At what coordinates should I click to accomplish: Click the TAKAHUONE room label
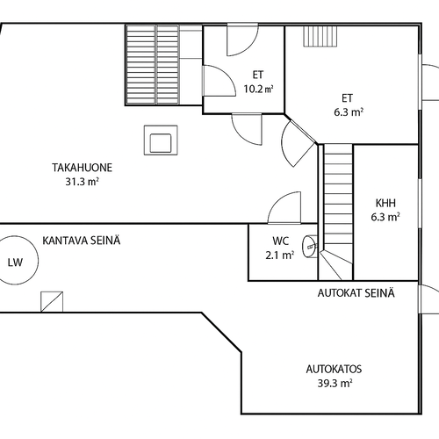[83, 168]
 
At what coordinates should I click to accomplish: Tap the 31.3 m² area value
[82, 182]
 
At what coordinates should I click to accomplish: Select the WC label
[280, 241]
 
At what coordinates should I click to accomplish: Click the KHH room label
[385, 203]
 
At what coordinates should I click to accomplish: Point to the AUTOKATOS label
[334, 369]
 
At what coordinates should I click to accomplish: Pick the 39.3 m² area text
[335, 383]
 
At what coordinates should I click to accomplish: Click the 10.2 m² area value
[259, 89]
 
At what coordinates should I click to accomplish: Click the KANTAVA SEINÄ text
[82, 241]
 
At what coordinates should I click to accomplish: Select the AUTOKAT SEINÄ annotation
[356, 293]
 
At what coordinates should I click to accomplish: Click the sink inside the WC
[310, 247]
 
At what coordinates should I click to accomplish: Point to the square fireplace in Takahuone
[161, 140]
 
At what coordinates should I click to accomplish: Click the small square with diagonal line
[52, 302]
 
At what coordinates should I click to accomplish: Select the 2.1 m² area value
[280, 255]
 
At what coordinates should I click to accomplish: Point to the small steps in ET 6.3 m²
[320, 36]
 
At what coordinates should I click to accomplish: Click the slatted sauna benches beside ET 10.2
[153, 65]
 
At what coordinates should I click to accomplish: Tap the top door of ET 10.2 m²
[242, 40]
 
